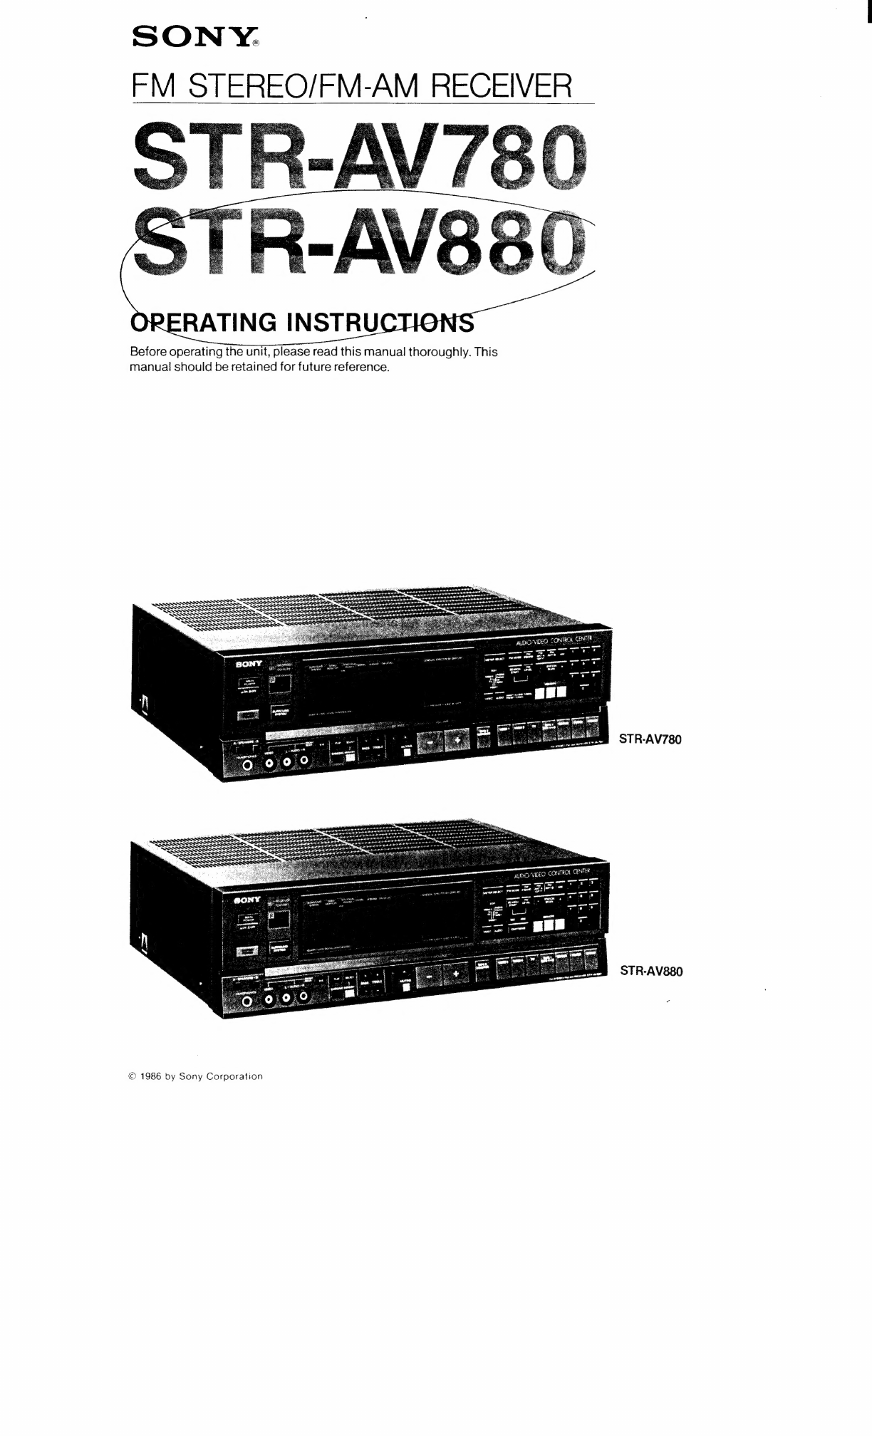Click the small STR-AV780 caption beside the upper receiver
(650, 739)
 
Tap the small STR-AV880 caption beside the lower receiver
(651, 971)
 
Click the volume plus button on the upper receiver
(457, 742)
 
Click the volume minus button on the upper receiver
(430, 742)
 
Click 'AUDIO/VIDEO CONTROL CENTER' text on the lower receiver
(552, 873)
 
